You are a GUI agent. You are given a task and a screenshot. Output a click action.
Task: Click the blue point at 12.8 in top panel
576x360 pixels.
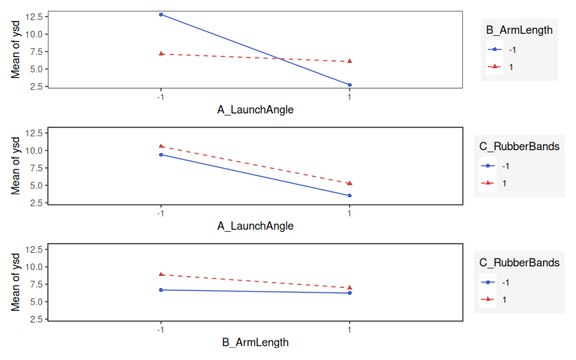tap(160, 14)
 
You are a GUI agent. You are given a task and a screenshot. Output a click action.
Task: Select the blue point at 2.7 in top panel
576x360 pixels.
tap(349, 85)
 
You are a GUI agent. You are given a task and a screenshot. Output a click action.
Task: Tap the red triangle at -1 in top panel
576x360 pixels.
tap(160, 53)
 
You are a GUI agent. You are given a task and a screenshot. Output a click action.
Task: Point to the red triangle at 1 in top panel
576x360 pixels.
tap(349, 61)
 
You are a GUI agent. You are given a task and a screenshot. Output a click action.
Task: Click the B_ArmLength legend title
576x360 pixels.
tap(519, 31)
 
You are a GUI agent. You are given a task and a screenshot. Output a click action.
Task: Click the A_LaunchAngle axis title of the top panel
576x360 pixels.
tap(255, 109)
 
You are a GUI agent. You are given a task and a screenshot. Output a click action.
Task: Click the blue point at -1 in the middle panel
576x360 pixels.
tap(160, 154)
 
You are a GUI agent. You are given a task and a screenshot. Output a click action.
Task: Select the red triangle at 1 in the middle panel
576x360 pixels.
tap(349, 183)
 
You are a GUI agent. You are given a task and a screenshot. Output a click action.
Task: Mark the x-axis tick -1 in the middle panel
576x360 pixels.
tap(160, 213)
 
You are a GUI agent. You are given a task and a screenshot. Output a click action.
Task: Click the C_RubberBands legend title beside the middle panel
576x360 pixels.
tap(519, 147)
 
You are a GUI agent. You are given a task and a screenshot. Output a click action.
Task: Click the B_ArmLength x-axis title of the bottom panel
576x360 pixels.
tap(255, 342)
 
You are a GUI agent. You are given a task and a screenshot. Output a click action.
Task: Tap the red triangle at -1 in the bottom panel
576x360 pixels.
tap(160, 274)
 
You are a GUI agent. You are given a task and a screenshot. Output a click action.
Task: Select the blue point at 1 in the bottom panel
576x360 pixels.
tap(349, 292)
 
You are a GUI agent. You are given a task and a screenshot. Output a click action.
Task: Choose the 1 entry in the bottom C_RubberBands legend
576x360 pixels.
tap(504, 299)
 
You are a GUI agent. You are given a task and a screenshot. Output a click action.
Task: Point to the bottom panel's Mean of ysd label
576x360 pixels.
tap(15, 283)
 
